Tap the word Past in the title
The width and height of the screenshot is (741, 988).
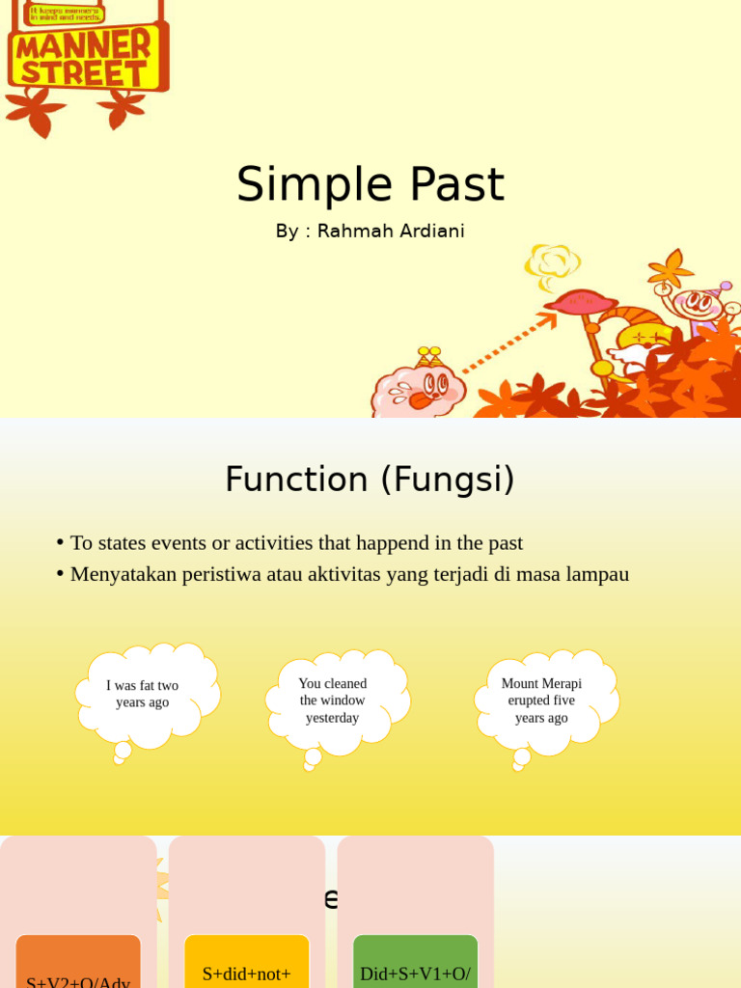tap(456, 184)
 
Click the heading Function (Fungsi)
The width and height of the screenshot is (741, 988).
tap(370, 480)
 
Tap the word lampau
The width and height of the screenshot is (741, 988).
tap(598, 574)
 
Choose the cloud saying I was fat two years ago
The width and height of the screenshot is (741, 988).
tap(145, 695)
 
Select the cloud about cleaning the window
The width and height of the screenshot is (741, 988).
tap(334, 701)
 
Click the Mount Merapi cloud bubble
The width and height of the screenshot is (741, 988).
tap(542, 701)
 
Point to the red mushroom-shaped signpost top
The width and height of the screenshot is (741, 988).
tap(580, 302)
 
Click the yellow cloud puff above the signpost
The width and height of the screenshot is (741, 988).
tap(553, 262)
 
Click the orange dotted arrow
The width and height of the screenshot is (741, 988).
tap(507, 343)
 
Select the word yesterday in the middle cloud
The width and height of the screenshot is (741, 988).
tap(333, 718)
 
